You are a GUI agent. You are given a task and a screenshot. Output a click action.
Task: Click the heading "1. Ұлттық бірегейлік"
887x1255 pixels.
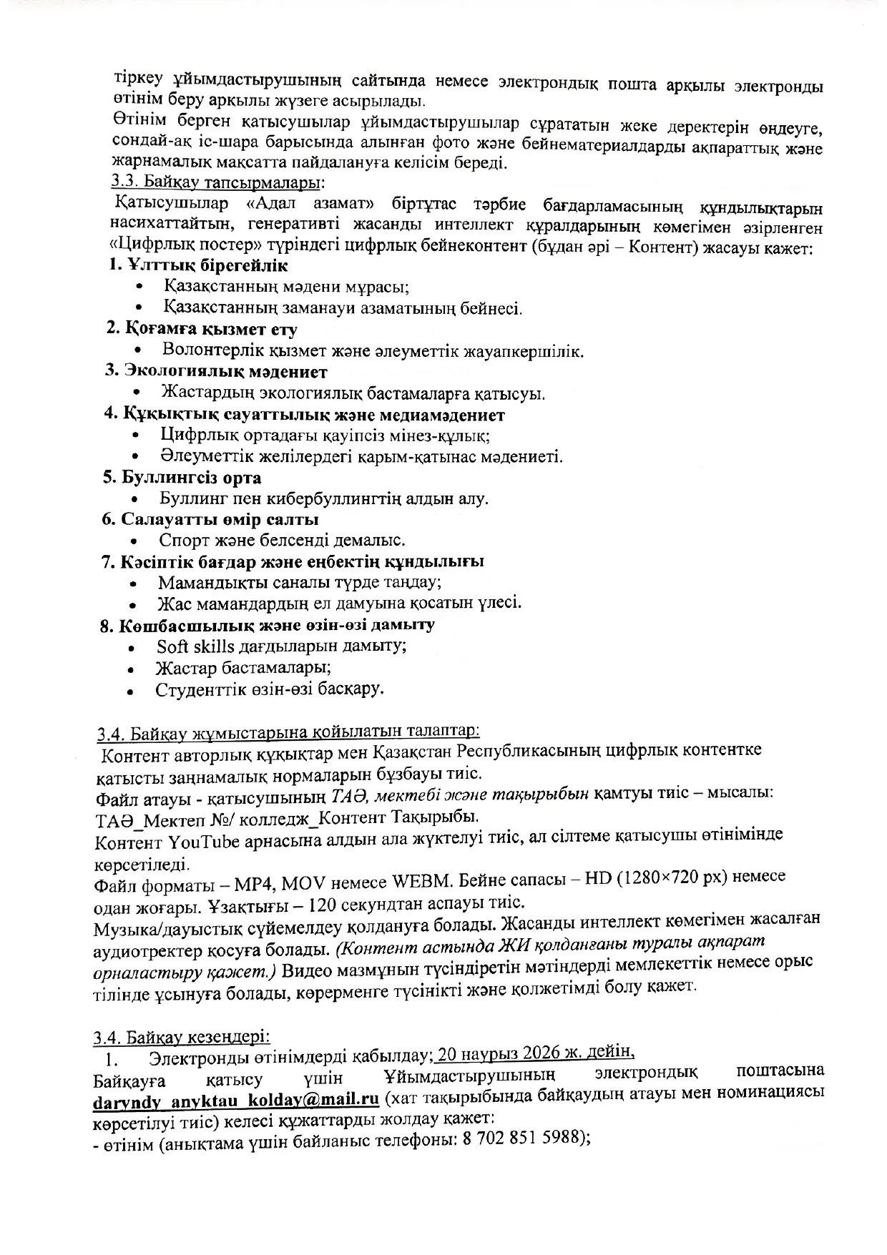click(x=198, y=266)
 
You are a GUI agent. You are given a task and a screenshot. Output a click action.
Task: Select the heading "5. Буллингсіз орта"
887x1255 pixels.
click(x=182, y=478)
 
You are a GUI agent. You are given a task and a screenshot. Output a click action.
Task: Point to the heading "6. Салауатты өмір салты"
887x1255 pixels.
click(x=210, y=519)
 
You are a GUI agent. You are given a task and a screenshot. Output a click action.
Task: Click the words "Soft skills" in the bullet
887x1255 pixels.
click(x=195, y=646)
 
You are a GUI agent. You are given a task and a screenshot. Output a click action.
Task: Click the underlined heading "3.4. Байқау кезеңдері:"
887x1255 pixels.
click(x=182, y=1036)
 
